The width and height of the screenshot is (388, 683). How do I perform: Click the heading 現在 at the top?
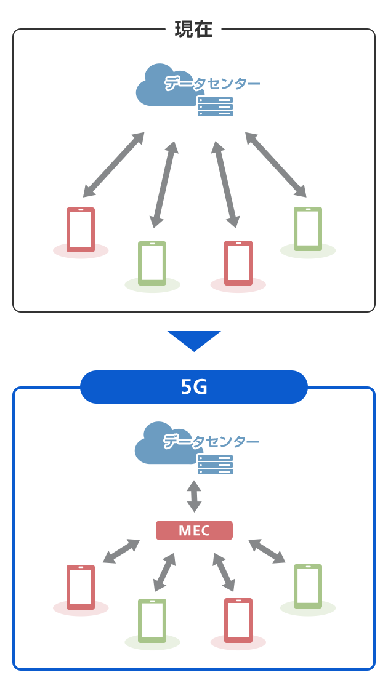click(193, 30)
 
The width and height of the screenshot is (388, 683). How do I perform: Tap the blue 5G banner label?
click(194, 387)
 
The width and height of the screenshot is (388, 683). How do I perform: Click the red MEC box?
click(194, 530)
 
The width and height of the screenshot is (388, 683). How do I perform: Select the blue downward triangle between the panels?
click(194, 340)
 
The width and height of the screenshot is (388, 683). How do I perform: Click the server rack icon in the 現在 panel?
click(215, 106)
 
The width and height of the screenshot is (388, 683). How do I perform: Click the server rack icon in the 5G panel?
click(215, 465)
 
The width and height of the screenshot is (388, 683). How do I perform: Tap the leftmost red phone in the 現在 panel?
click(81, 230)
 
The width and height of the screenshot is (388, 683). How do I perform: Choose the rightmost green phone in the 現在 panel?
click(308, 229)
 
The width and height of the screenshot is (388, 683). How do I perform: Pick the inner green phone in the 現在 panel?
click(152, 263)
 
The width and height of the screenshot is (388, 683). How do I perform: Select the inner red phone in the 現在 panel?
click(238, 263)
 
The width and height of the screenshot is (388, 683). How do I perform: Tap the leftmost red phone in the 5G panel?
click(81, 587)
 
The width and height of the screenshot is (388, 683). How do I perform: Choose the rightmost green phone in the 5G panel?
click(308, 586)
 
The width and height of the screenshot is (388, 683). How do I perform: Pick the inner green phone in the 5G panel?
click(152, 621)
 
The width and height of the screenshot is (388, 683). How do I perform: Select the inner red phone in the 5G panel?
click(238, 620)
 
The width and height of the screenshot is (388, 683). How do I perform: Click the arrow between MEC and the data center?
click(194, 497)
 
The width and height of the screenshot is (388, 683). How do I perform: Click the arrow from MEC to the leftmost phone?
click(121, 551)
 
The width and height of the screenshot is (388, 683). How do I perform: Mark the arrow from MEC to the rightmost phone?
click(267, 551)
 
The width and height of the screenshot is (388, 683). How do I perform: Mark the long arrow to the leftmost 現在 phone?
click(114, 165)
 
